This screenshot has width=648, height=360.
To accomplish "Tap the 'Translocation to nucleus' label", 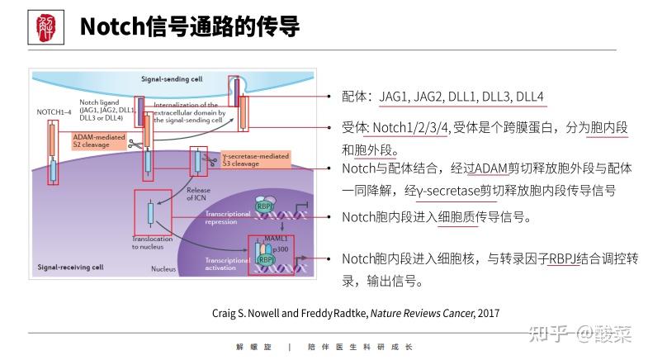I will (x=153, y=243).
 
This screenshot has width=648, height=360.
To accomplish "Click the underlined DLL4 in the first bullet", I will (x=529, y=97).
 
